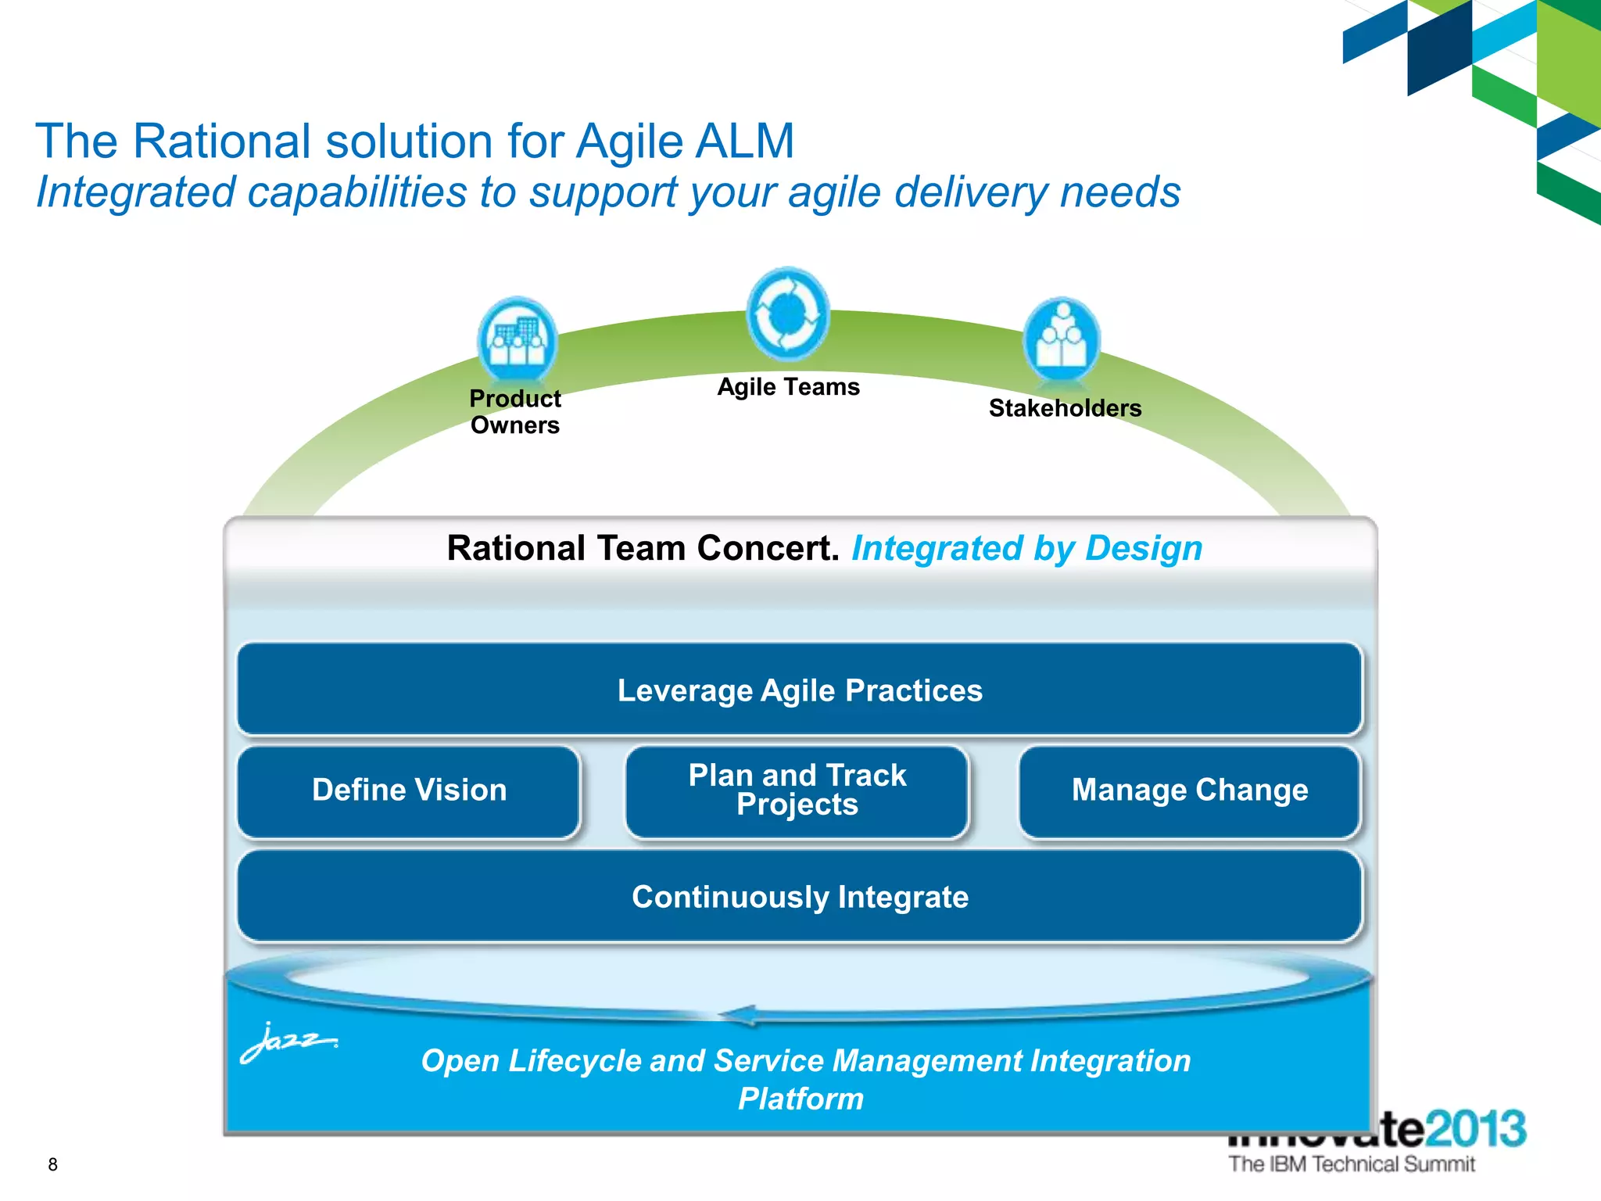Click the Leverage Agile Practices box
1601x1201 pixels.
point(800,690)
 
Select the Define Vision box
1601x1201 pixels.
point(409,791)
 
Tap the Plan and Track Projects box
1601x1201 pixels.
point(797,791)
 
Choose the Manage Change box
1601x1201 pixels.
point(1189,791)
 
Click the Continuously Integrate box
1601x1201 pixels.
point(800,897)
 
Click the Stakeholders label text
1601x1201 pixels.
point(1065,408)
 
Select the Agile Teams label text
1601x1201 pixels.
point(788,387)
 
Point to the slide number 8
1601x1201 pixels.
point(53,1164)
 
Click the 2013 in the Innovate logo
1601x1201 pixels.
point(1476,1128)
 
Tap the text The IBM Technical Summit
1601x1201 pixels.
point(1352,1164)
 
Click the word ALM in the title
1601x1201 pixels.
point(743,142)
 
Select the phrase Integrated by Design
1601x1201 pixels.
point(1026,548)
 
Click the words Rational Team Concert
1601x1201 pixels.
point(643,548)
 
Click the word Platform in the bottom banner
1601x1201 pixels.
point(800,1099)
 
